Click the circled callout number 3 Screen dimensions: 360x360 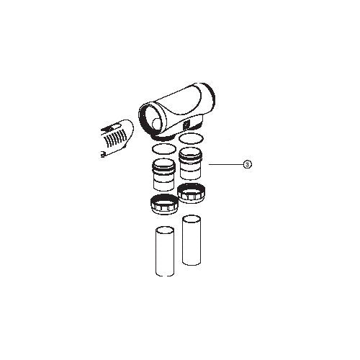coord(248,164)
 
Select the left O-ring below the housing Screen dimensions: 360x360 coord(163,149)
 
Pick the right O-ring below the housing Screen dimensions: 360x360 coord(192,139)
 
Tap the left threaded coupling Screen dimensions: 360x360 coord(164,175)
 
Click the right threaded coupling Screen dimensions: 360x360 coord(192,163)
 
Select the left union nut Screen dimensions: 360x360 coord(165,204)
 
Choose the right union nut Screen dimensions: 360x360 coord(192,193)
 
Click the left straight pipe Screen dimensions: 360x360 coord(165,251)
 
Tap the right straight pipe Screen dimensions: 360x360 coord(192,240)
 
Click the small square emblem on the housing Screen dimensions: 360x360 coord(186,125)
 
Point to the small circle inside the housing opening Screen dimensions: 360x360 coord(156,124)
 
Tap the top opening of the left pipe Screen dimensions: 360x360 coord(165,230)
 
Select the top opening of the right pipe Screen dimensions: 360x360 coord(192,219)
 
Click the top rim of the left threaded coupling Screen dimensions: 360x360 coord(164,162)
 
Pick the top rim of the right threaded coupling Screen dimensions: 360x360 coord(192,152)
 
